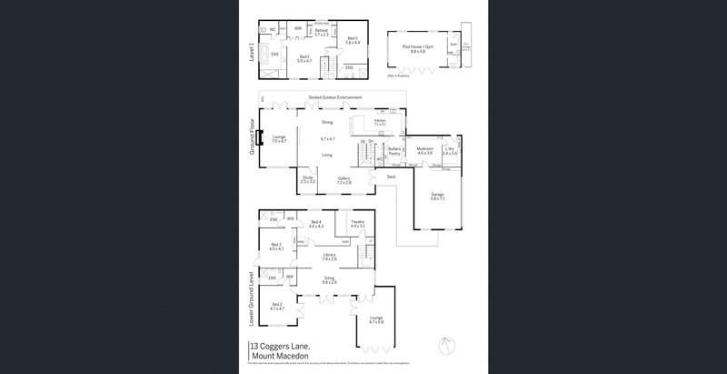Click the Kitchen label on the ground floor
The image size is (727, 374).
[381, 122]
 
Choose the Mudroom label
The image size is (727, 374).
[424, 150]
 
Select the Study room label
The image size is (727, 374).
[308, 179]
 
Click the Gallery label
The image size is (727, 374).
[344, 180]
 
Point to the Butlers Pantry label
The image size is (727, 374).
[394, 151]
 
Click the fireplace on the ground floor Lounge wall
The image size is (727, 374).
[260, 139]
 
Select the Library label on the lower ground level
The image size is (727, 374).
[329, 257]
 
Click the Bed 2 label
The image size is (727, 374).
[275, 307]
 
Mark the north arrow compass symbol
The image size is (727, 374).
[443, 347]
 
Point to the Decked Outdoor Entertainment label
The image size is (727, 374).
[335, 97]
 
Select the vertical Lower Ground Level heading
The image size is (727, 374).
[251, 298]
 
